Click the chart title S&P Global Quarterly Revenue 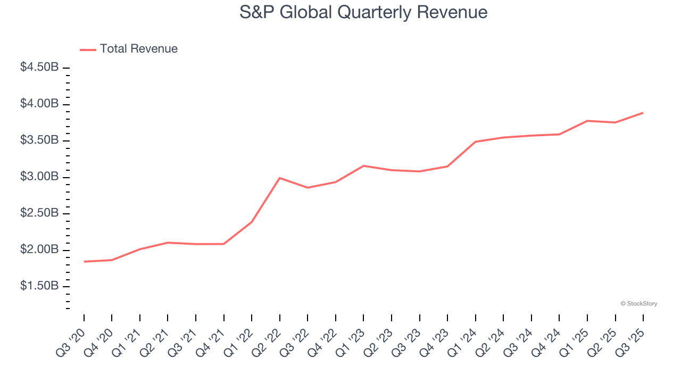point(363,12)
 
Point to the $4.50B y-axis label point(39,68)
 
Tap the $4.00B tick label point(39,104)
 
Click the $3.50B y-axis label point(39,140)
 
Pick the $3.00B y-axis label point(39,177)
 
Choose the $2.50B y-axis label point(39,213)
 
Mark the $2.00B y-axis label point(39,249)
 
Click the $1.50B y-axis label point(39,286)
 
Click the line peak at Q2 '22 point(280,178)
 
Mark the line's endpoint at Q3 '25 point(643,113)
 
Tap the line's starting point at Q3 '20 point(84,262)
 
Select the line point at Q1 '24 point(476,141)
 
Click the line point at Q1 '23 point(363,165)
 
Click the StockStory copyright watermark point(638,304)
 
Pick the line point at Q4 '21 point(224,244)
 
